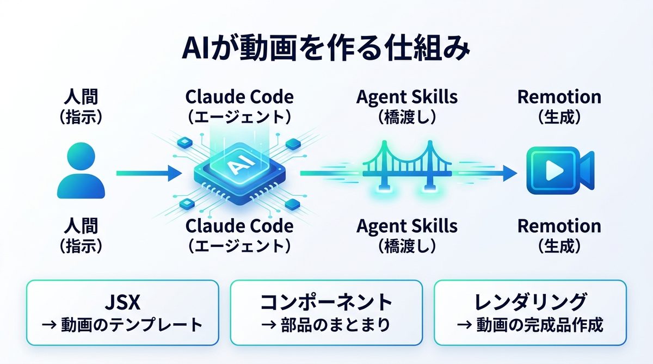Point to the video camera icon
coord(559,171)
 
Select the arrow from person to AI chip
coord(149,174)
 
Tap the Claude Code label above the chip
coord(239,97)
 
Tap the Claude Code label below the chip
coord(239,226)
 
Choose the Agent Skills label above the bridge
coord(407,97)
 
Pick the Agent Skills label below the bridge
coord(407,226)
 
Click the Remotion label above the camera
coord(559,97)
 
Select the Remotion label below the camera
coord(559,226)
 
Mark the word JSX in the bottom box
coord(122,302)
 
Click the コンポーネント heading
coord(326,302)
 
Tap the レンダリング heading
coord(531,302)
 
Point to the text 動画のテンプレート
coord(131,325)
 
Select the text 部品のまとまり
coord(335,325)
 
